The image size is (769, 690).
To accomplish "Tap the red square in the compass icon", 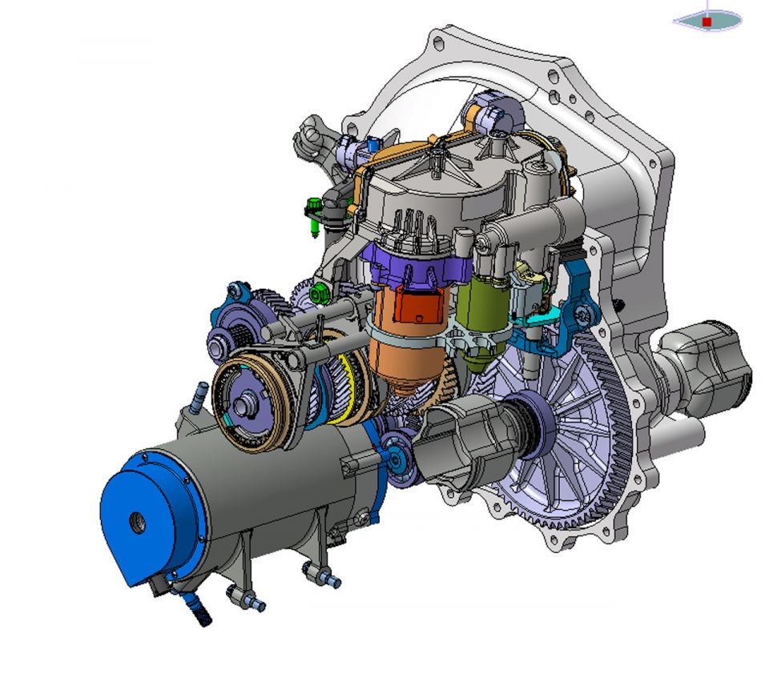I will pos(707,22).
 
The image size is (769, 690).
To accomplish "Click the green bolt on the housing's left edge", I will pos(313,216).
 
